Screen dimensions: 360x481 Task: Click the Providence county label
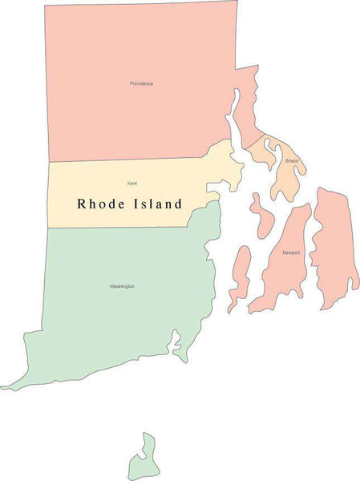point(141,83)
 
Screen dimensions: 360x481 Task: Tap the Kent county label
point(131,184)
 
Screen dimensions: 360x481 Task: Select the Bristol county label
point(291,161)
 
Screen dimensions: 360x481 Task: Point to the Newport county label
point(291,253)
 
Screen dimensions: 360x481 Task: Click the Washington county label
point(122,286)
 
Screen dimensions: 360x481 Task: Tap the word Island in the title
point(157,204)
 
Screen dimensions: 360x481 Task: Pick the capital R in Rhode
point(82,204)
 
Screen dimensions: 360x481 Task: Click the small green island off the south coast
point(144,459)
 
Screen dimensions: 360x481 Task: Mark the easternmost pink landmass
point(334,240)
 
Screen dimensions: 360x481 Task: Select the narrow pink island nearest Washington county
point(239,277)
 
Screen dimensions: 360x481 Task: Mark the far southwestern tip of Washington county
point(5,387)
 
